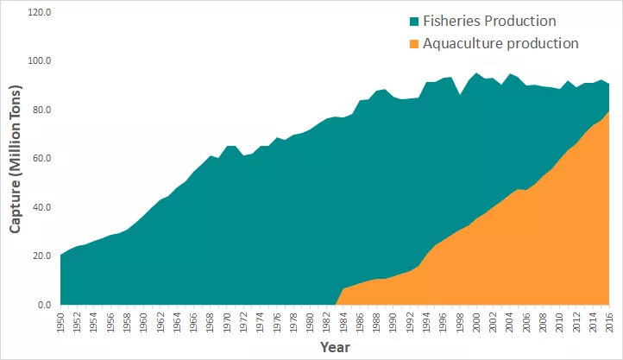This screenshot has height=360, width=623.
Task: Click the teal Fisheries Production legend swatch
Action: (415, 21)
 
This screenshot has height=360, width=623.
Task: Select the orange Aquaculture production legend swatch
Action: (415, 43)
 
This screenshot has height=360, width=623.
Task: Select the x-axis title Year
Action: (334, 347)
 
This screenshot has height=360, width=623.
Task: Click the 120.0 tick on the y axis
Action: (39, 13)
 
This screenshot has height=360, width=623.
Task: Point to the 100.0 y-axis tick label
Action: (39, 62)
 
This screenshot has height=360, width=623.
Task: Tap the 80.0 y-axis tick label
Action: (41, 111)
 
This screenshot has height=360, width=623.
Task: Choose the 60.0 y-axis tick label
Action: (41, 159)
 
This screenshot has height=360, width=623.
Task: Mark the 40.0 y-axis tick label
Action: (41, 208)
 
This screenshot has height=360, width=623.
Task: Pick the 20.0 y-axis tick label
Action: (41, 256)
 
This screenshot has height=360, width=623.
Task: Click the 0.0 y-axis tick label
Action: (44, 306)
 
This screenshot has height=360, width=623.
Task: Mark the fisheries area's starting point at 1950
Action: (60, 256)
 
